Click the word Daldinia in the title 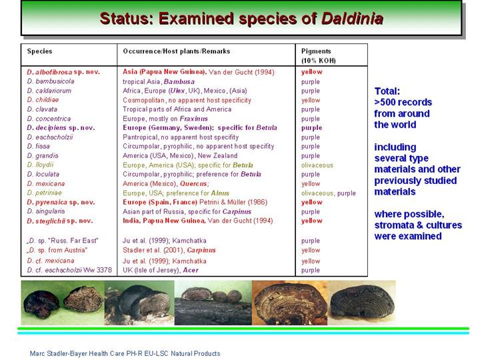pos(352,19)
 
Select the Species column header pos(39,51)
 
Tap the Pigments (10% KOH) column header pos(319,56)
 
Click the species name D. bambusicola pos(51,81)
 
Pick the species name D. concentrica pos(49,119)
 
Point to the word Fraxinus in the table pos(194,119)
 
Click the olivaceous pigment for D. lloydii pos(317,165)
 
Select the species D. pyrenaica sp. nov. pos(61,202)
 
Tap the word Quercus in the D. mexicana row pos(194,184)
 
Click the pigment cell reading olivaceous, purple pos(329,193)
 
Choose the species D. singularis pos(45,211)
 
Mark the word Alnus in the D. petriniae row pos(220,193)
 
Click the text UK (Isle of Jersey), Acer pos(161,270)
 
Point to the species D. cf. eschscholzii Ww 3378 pos(69,270)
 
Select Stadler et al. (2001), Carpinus pos(169,250)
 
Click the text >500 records pos(403,102)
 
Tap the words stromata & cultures pos(418,225)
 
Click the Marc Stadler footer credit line pos(125,353)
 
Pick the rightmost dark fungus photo pos(362,302)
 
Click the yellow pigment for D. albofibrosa pos(311,72)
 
